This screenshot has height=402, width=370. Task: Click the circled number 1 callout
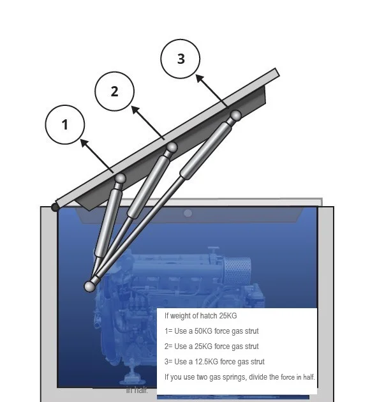[65, 124]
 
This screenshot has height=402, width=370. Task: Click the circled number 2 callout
[115, 91]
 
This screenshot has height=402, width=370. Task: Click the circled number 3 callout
[181, 59]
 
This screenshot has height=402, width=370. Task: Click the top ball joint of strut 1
[120, 179]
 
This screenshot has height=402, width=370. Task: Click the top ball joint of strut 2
[172, 148]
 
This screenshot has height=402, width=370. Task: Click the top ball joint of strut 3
[235, 115]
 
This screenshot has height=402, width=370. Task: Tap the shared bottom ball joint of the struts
[90, 286]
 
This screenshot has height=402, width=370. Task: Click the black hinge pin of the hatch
[56, 207]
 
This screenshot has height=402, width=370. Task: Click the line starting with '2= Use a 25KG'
[211, 346]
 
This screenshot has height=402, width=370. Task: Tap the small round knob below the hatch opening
[188, 212]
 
